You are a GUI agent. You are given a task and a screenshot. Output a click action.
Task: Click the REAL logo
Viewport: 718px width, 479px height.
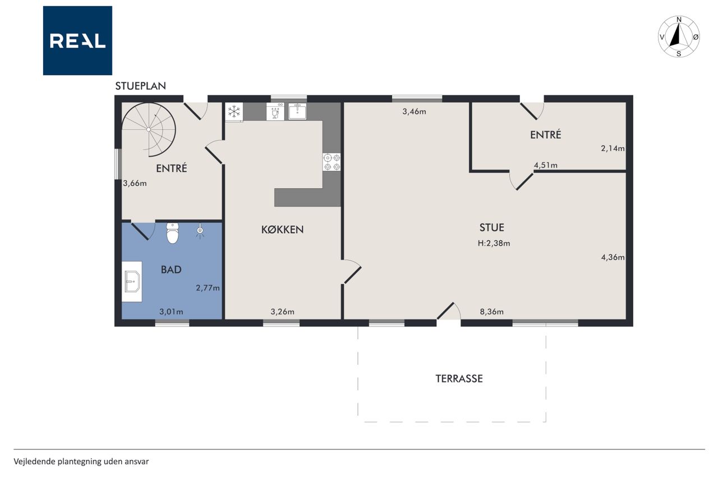77,40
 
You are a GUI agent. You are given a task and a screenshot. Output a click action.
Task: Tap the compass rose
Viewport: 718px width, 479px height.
679,37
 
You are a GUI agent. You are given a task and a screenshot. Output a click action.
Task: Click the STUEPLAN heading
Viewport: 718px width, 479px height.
140,86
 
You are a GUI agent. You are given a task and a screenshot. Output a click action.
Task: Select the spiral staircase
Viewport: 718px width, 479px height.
149,129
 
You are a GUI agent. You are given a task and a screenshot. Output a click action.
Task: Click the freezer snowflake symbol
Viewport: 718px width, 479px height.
234,112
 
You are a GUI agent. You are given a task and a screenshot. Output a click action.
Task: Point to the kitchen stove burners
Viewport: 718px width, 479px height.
332,162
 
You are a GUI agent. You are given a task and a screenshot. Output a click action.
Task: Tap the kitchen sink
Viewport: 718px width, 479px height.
297,111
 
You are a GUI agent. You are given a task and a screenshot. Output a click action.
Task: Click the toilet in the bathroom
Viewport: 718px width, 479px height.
172,233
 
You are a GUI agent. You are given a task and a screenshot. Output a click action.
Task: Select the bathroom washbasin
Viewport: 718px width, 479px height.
132,282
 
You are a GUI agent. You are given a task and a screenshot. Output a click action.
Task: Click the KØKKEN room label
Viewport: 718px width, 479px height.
282,230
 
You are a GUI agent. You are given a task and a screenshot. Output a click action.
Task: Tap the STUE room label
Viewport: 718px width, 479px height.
492,227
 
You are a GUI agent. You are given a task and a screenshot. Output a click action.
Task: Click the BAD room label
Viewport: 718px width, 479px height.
171,270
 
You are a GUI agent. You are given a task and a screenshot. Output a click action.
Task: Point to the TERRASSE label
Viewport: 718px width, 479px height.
459,378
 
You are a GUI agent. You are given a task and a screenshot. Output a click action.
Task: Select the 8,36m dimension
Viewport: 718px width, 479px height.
492,312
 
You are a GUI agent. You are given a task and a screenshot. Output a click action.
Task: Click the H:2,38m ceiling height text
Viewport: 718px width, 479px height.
494,243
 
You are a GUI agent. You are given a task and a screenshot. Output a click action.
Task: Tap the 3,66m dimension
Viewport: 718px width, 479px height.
135,183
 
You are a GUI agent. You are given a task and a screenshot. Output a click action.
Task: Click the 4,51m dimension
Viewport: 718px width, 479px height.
546,165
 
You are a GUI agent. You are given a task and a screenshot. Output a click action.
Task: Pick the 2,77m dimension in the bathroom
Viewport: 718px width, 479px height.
208,288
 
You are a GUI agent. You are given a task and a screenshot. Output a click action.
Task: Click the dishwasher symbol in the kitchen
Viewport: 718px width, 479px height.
275,111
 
